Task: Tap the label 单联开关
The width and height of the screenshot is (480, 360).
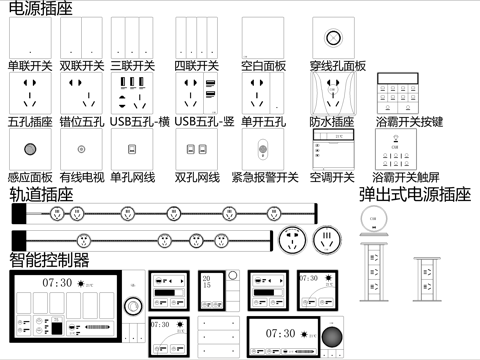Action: [x=30, y=66]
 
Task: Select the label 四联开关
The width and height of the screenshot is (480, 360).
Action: [x=197, y=66]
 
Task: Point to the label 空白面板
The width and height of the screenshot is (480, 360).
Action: [x=263, y=66]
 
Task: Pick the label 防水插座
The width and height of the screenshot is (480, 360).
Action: [x=331, y=122]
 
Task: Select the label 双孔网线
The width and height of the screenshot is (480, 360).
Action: [x=197, y=177]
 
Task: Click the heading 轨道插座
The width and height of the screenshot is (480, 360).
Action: [x=41, y=195]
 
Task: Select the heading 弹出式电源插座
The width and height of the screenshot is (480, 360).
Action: [x=414, y=195]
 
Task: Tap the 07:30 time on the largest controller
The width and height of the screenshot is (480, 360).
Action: [x=56, y=283]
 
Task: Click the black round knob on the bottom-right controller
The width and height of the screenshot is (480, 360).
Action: [x=331, y=337]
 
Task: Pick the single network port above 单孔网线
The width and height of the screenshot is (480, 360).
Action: [x=131, y=150]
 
